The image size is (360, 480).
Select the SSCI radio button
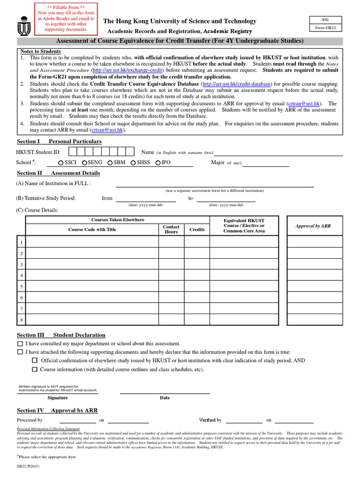[61, 163]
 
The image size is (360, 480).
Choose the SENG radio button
[84, 163]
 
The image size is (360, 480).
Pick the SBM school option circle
[110, 163]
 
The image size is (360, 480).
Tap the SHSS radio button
[133, 163]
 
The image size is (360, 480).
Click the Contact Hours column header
[171, 229]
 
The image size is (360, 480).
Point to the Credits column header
[197, 230]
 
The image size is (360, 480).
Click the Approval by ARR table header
[313, 226]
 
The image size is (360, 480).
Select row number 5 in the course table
[21, 286]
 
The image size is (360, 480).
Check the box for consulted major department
[20, 344]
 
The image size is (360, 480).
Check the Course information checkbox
[34, 369]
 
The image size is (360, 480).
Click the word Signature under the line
[58, 397]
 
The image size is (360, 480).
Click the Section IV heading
[57, 410]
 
